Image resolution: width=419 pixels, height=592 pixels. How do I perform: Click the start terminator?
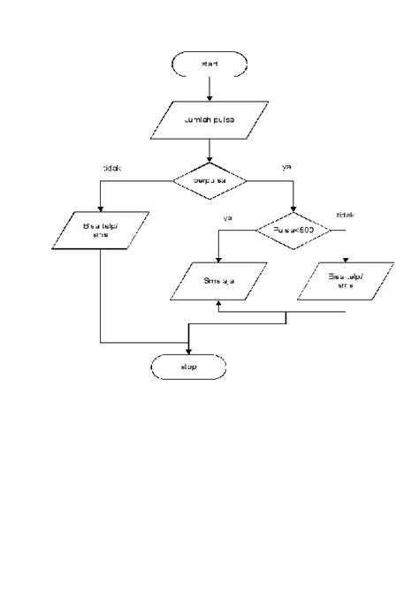209,65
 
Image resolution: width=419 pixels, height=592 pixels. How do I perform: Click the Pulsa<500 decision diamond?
293,229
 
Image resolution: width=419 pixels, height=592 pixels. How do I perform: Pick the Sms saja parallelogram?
217,282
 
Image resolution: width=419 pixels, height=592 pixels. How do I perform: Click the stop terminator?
188,366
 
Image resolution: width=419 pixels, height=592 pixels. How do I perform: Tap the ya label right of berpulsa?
286,165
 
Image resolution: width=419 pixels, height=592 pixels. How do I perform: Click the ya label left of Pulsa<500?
227,216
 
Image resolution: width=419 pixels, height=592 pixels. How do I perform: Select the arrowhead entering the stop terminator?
188,350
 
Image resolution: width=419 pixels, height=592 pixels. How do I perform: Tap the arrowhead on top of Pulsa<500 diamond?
293,210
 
